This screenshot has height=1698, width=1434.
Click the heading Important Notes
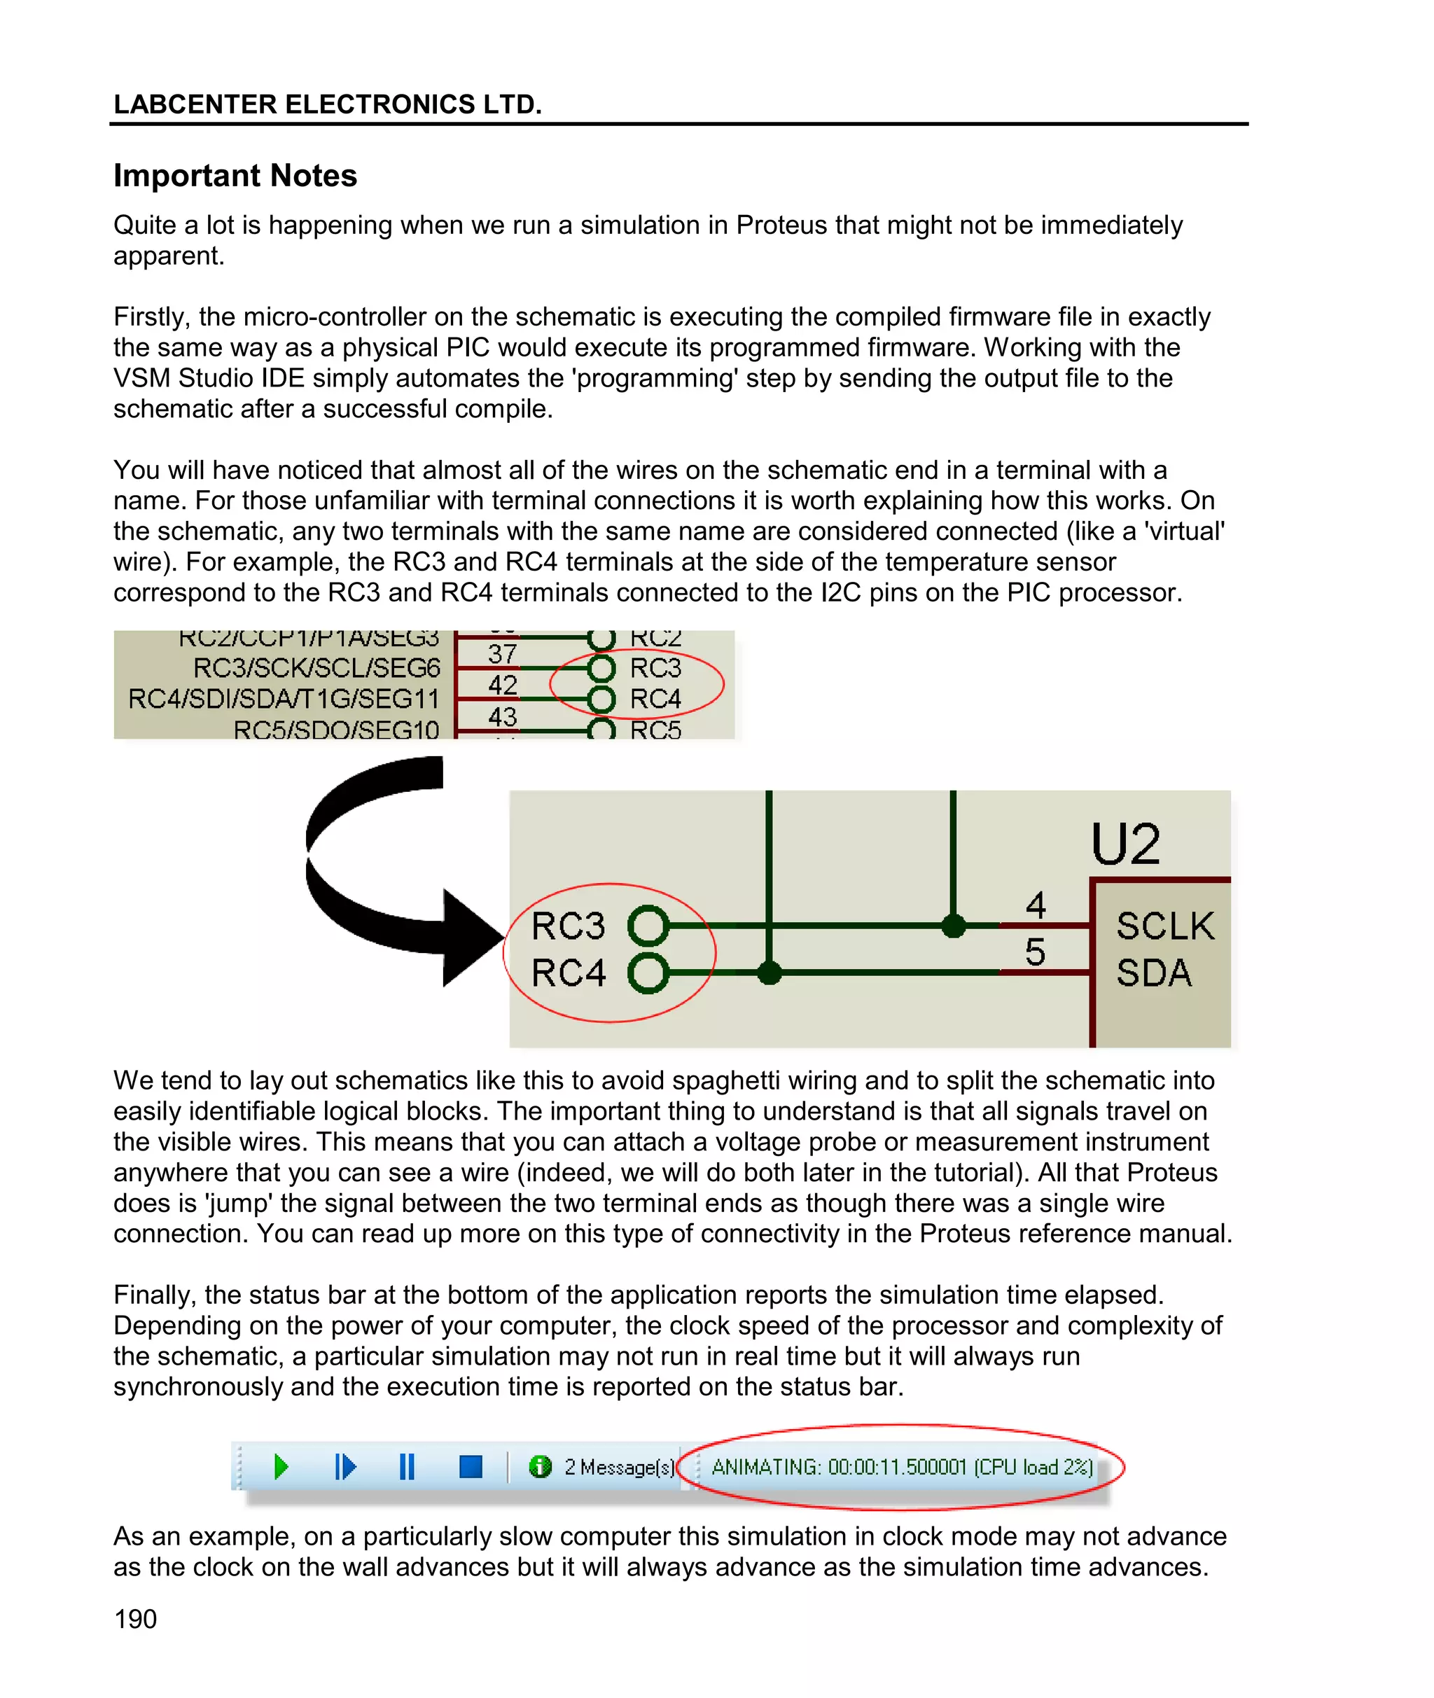click(x=235, y=176)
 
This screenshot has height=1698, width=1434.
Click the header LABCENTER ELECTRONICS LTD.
click(x=328, y=104)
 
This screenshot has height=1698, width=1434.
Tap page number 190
click(x=135, y=1618)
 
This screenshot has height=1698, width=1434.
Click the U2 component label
click(x=1125, y=844)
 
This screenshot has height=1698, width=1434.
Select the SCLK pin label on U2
click(x=1165, y=926)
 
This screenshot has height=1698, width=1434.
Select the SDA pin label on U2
click(x=1153, y=972)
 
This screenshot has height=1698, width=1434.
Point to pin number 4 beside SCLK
click(x=1035, y=905)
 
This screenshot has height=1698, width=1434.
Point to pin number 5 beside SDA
click(x=1035, y=952)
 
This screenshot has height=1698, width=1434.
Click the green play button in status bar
click(x=281, y=1466)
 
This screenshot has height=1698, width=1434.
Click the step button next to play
click(x=344, y=1466)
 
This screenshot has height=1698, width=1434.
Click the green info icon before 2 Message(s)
click(x=540, y=1466)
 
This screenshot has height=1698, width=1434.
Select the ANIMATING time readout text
click(x=902, y=1466)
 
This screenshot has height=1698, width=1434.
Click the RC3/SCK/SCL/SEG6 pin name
click(x=316, y=668)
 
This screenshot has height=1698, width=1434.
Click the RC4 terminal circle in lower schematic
click(x=648, y=972)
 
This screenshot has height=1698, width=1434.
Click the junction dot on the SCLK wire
click(x=953, y=925)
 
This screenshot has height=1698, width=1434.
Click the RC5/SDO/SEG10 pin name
click(x=335, y=729)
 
